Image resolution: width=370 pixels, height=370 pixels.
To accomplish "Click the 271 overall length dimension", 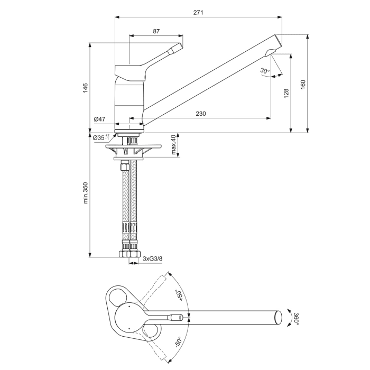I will pos(198,12).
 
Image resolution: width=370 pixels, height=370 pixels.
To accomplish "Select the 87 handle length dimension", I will pos(156,31).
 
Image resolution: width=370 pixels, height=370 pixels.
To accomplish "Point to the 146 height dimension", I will pos(85,88).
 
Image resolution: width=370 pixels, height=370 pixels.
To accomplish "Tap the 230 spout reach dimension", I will pos(200,114).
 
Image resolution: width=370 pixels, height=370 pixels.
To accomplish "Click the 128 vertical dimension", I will pos(286,93).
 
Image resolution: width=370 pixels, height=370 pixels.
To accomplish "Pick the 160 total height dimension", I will pos(303,85).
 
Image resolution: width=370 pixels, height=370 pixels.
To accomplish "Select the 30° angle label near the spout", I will pos(265,71).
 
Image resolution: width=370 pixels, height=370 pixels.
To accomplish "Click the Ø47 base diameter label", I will pos(100,120).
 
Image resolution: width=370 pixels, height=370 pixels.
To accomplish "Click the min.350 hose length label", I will pos(85,195).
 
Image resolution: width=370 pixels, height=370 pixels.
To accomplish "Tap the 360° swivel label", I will pos(297,318).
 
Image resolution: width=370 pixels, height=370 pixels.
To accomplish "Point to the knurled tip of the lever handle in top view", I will pos(177,318).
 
